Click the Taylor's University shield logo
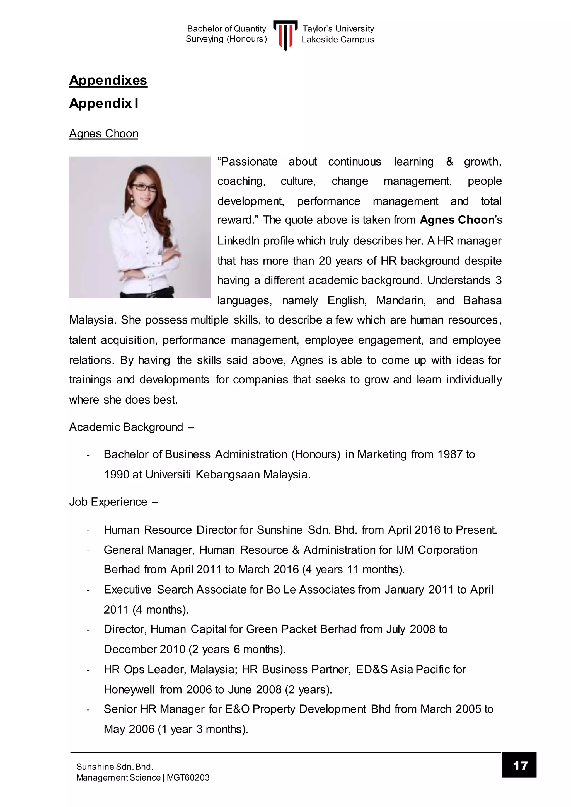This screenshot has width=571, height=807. pyautogui.click(x=285, y=35)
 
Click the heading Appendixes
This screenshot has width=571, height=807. pyautogui.click(x=108, y=81)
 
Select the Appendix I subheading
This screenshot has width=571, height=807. pyautogui.click(x=104, y=103)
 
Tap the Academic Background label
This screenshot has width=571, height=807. pyautogui.click(x=126, y=427)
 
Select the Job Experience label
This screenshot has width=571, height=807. pyautogui.click(x=108, y=502)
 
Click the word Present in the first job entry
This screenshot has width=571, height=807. pyautogui.click(x=475, y=530)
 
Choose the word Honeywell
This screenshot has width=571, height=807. pyautogui.click(x=129, y=690)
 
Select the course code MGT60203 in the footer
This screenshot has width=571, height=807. pyautogui.click(x=188, y=777)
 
